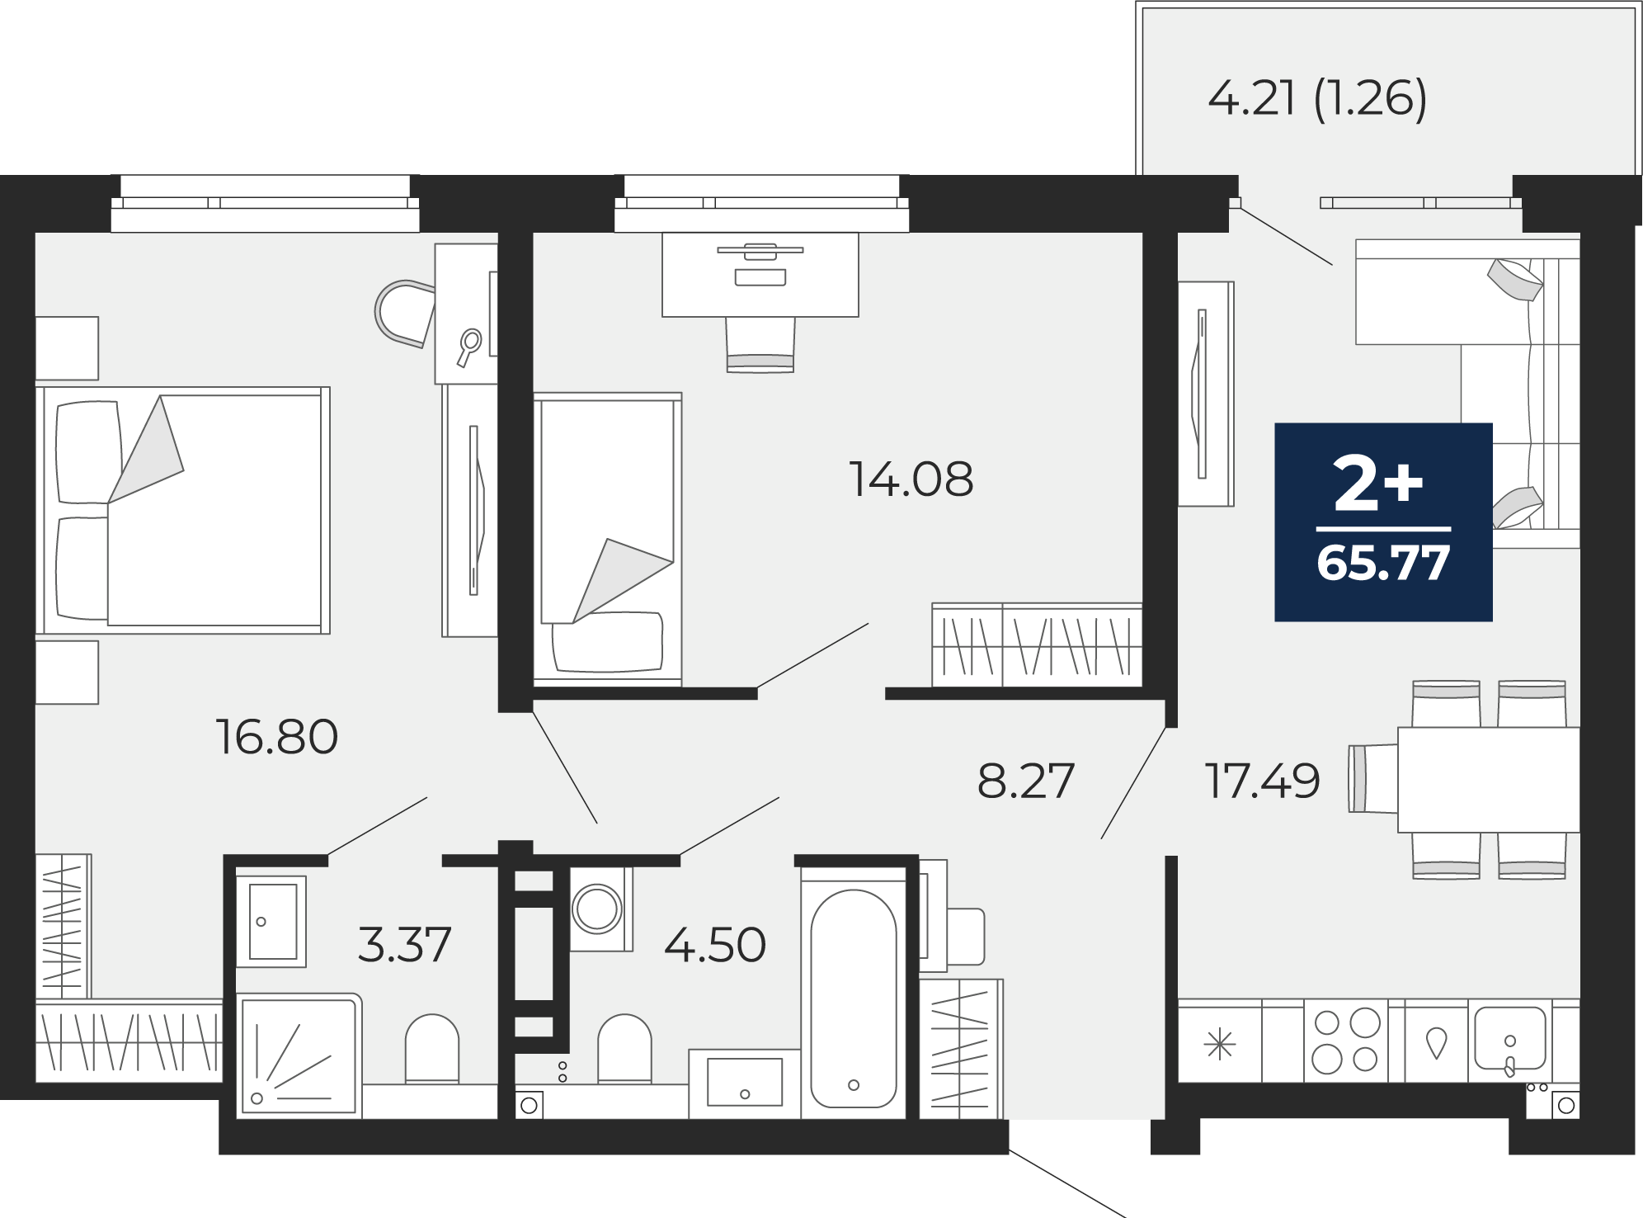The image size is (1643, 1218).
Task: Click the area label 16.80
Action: click(277, 737)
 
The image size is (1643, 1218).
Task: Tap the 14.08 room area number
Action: click(911, 479)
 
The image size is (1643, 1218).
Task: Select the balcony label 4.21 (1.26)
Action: click(1317, 99)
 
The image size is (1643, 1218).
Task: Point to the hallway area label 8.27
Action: click(1026, 781)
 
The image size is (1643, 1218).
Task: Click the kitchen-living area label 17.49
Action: click(1263, 781)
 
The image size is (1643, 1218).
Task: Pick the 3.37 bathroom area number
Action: click(405, 944)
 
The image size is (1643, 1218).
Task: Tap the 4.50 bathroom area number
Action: click(715, 945)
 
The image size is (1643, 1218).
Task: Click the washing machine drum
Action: click(597, 909)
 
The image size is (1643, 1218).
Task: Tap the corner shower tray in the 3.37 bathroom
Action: click(299, 1056)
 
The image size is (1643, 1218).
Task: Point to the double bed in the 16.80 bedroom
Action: click(183, 510)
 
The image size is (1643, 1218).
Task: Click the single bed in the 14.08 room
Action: click(608, 539)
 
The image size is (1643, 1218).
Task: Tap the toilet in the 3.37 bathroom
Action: click(431, 1048)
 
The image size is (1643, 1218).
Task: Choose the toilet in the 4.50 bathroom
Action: click(624, 1048)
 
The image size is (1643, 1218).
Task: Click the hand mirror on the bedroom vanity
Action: click(469, 347)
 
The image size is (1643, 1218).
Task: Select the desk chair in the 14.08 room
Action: click(760, 345)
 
